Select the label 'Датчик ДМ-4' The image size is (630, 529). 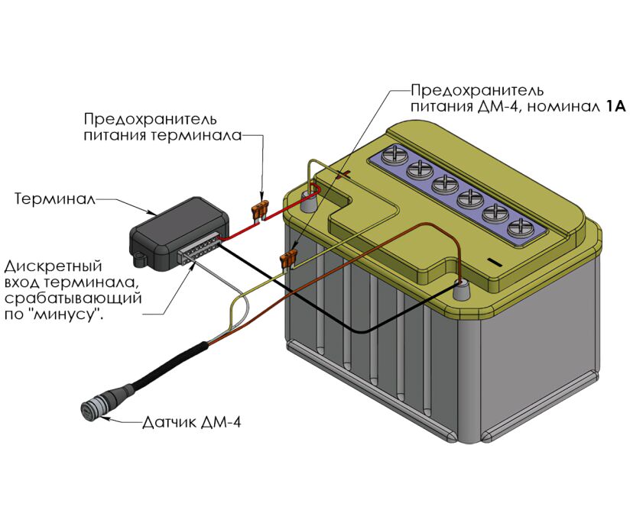point(192,421)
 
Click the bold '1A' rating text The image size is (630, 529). point(615,107)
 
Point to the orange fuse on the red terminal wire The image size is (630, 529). point(261,208)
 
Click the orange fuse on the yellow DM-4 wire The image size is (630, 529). point(290,260)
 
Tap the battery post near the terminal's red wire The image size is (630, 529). point(309,203)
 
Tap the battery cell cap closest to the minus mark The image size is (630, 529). point(520,227)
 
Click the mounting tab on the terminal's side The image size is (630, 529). point(141,259)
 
